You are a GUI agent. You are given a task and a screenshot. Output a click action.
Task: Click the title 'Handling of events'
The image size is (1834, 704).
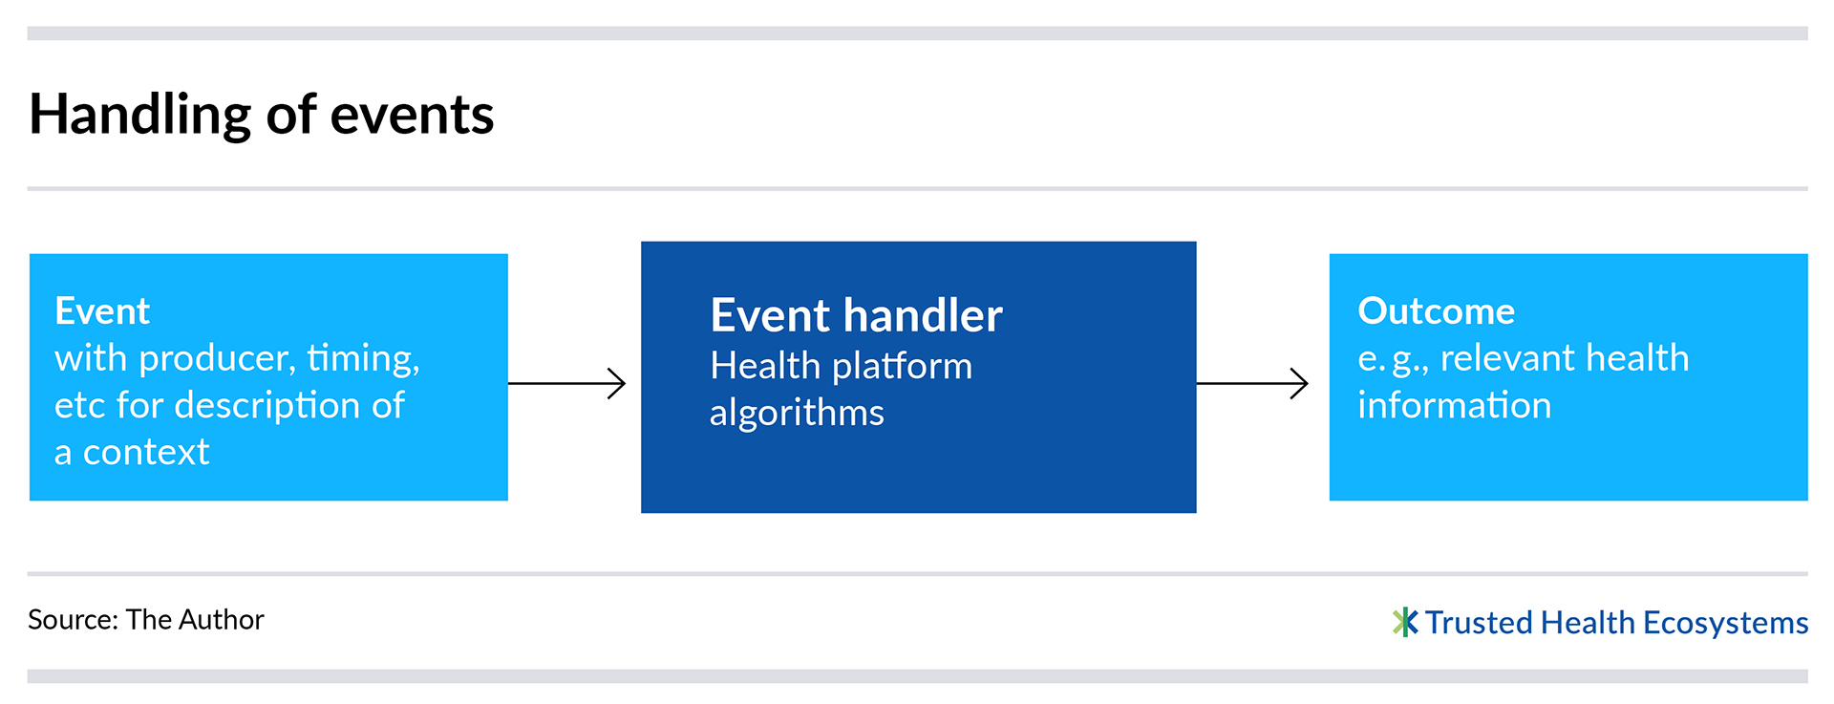point(262,116)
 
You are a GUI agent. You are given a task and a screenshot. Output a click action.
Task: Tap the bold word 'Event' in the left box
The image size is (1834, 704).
point(102,311)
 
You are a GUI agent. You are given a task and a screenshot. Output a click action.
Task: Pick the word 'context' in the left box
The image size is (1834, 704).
point(146,452)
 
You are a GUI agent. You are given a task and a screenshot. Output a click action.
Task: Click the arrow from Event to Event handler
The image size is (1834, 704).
point(566,383)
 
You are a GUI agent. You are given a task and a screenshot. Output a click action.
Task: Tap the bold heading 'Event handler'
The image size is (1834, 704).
point(857,315)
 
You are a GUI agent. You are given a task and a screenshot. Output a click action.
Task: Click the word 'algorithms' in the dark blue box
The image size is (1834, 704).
point(797,414)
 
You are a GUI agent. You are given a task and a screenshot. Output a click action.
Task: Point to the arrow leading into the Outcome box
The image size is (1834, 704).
point(1252,383)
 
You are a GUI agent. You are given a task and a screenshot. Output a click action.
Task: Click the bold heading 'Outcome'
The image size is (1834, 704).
point(1437,311)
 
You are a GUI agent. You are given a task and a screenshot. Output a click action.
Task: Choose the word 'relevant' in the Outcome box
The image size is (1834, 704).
point(1516,358)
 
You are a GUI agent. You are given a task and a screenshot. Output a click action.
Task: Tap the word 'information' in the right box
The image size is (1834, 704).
point(1455,406)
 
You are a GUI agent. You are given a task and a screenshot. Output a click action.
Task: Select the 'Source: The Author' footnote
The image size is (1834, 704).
point(146,620)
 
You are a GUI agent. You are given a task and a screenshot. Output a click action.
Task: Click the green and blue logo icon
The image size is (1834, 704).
point(1405,623)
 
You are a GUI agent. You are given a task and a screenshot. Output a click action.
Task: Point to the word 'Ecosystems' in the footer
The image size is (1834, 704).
point(1726,624)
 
